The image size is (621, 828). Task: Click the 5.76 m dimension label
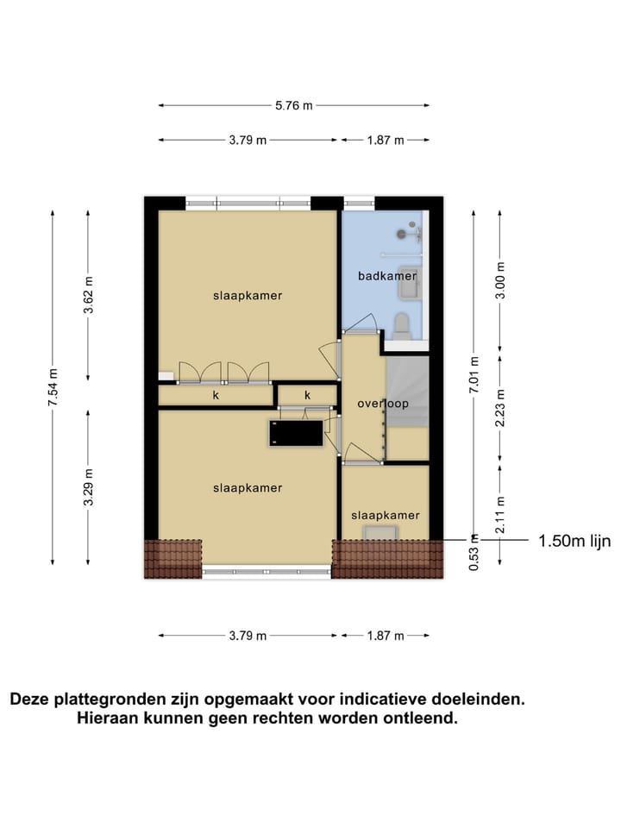pos(293,105)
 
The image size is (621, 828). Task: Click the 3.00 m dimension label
pos(500,280)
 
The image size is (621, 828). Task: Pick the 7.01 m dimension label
pos(473,374)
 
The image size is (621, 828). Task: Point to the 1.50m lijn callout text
pos(574,542)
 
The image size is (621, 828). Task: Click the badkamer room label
pos(387,276)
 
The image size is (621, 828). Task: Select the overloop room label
pos(382,403)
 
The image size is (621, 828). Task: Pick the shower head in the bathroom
pos(406,232)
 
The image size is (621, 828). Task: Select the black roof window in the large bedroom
pos(296,432)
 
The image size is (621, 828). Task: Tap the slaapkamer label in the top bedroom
pos(248,295)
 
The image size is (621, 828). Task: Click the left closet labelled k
pos(215,396)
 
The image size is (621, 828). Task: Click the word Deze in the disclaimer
pos(31,699)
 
